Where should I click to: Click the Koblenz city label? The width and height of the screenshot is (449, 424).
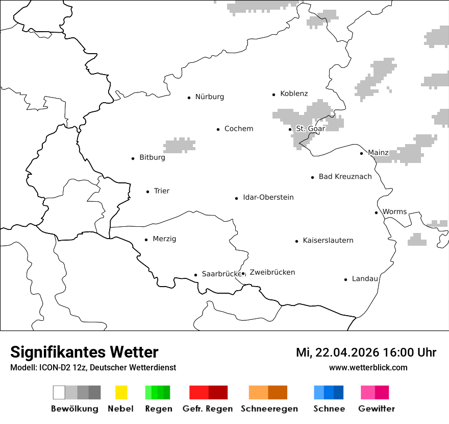pyautogui.click(x=294, y=93)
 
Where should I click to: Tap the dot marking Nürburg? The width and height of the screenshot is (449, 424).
pyautogui.click(x=189, y=97)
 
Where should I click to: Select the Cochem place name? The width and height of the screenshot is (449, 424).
pyautogui.click(x=238, y=129)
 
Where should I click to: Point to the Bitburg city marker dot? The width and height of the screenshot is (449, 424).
pyautogui.click(x=133, y=158)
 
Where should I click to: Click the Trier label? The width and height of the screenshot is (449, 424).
pyautogui.click(x=161, y=191)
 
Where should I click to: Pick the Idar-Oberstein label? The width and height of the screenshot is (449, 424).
pyautogui.click(x=268, y=197)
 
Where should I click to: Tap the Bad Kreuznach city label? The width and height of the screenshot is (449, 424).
pyautogui.click(x=345, y=177)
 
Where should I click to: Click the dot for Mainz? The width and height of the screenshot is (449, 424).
pyautogui.click(x=361, y=153)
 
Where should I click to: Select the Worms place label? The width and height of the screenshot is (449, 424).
pyautogui.click(x=394, y=211)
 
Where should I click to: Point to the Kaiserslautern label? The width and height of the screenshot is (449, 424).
pyautogui.click(x=328, y=241)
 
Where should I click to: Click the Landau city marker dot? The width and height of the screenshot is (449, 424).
pyautogui.click(x=345, y=279)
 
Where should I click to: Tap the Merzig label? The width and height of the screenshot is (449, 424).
pyautogui.click(x=164, y=239)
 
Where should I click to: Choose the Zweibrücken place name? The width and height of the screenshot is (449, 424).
pyautogui.click(x=272, y=272)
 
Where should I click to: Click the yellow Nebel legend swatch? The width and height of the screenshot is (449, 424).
pyautogui.click(x=121, y=392)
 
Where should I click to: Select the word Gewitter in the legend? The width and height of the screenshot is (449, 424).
pyautogui.click(x=377, y=409)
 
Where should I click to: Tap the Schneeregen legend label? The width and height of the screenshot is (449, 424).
pyautogui.click(x=269, y=409)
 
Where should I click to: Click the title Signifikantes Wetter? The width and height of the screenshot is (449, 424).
pyautogui.click(x=84, y=352)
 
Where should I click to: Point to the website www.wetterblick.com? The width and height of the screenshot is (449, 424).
pyautogui.click(x=368, y=367)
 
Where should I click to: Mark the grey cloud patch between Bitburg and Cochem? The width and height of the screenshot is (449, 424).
pyautogui.click(x=179, y=145)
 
